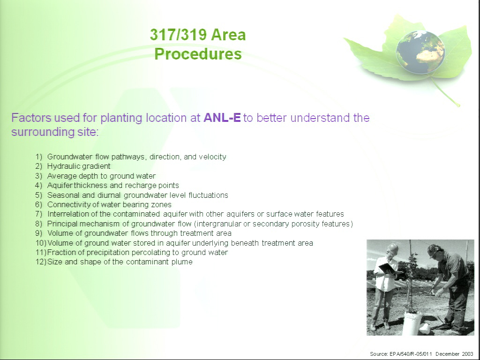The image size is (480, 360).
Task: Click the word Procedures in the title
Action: pos(198,54)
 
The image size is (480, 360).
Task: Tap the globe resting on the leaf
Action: pos(420,52)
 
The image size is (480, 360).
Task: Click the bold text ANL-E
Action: pos(222,118)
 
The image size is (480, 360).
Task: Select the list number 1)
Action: pos(38,157)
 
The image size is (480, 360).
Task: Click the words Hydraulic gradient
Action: pos(79,166)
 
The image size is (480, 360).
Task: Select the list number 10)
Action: pos(40,243)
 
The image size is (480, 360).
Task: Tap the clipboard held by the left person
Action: pos(387,268)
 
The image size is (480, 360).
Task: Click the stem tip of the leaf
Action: pos(458,106)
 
